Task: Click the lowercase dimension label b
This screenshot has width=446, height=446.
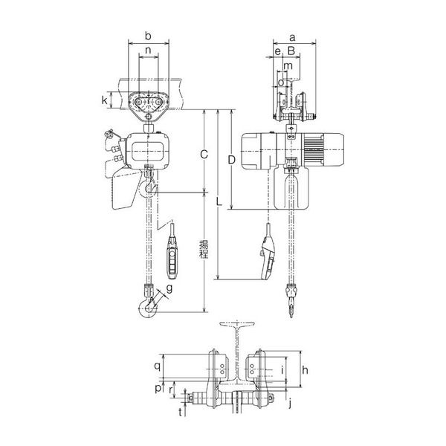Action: (x=149, y=35)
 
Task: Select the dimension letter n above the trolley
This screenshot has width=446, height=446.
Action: (x=149, y=51)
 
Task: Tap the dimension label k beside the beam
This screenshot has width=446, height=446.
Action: (x=106, y=100)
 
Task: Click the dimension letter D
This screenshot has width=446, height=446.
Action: (x=232, y=158)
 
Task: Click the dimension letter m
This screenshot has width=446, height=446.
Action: (x=288, y=66)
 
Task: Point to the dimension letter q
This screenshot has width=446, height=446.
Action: (x=157, y=366)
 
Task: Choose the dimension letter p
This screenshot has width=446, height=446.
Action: (x=157, y=388)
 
